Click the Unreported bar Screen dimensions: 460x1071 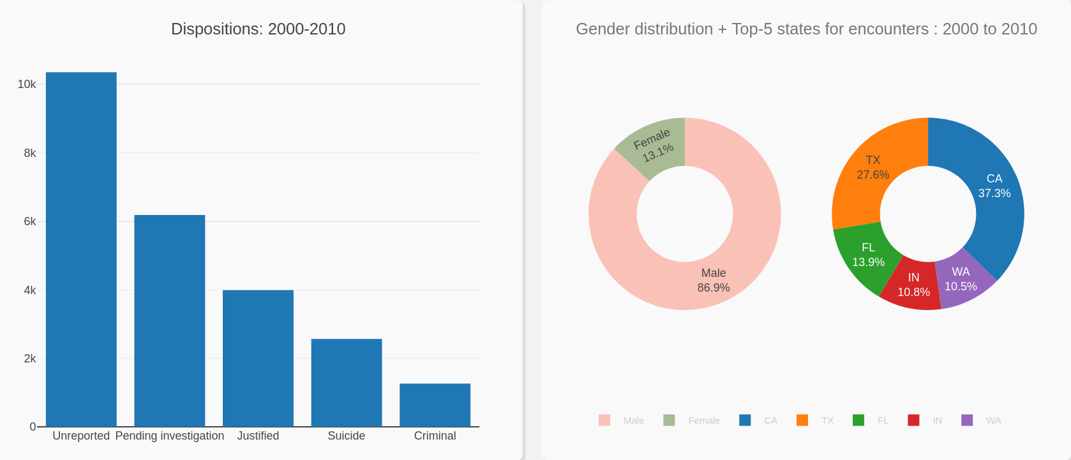click(x=81, y=249)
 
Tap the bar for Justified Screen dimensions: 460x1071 click(x=258, y=358)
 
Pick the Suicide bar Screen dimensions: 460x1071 click(x=347, y=383)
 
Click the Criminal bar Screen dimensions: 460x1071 click(x=435, y=405)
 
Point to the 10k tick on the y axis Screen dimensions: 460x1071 click(x=27, y=84)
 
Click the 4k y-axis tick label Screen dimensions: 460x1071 click(x=30, y=290)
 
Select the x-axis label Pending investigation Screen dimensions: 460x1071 click(x=170, y=436)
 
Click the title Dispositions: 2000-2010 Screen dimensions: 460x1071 click(x=258, y=29)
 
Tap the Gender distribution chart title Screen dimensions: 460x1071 click(x=806, y=29)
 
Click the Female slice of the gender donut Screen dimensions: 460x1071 click(x=654, y=145)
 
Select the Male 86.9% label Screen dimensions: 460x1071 click(x=714, y=280)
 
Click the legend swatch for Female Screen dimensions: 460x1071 click(x=669, y=420)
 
